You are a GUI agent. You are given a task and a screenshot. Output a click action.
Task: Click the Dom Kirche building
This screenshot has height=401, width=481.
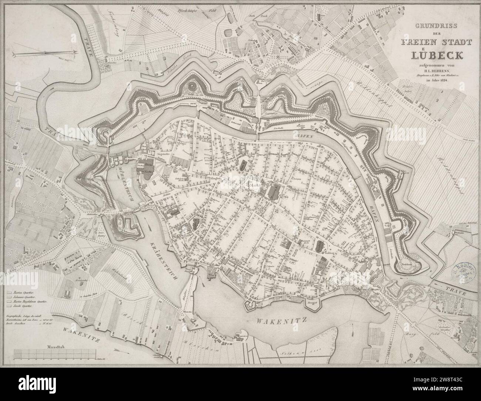pos(144,168)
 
